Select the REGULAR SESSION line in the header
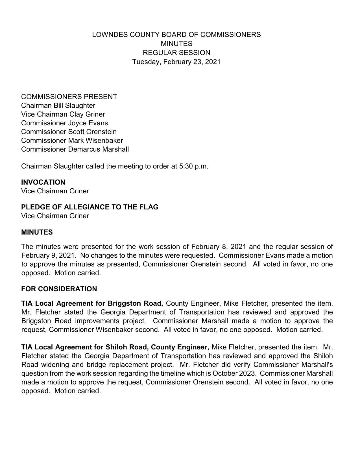(176, 53)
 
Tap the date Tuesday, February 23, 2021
(176, 62)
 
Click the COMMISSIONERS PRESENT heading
(69, 97)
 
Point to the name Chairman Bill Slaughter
(58, 106)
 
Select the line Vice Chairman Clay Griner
(63, 114)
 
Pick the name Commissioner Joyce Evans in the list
(64, 123)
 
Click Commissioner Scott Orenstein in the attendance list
(69, 132)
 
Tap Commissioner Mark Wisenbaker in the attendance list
(72, 141)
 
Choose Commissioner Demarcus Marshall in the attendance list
(75, 149)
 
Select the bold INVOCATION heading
(43, 182)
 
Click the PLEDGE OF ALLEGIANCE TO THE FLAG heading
(90, 207)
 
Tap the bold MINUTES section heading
(37, 232)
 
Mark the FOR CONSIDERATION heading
(59, 289)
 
